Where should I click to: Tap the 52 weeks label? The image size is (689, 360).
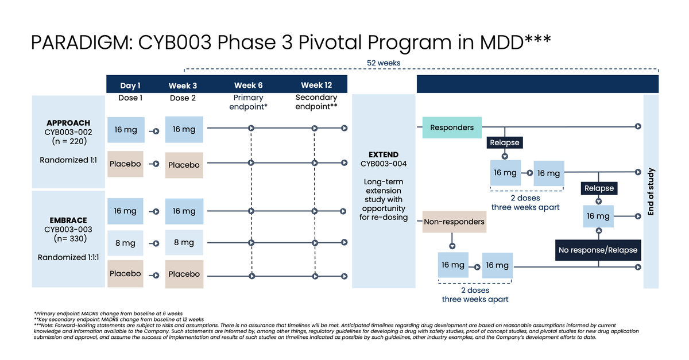384,63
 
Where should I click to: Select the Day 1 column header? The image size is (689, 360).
130,86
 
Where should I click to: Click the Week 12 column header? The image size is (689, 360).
316,85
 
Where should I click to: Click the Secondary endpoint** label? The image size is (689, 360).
316,102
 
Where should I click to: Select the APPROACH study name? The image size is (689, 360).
68,123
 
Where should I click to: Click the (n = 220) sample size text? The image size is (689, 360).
68,141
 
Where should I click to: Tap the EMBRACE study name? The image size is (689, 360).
68,220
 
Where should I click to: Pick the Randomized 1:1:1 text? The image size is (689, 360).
68,257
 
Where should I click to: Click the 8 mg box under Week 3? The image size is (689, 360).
184,242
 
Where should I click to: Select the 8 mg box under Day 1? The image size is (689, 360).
125,243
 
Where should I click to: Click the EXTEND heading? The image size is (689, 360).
384,154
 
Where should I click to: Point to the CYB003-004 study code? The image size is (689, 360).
384,164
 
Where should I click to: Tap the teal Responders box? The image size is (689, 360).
452,127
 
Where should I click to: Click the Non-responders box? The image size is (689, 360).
454,222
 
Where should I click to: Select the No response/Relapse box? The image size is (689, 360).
598,250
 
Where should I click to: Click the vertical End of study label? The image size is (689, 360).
651,192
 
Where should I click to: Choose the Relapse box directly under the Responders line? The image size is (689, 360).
505,142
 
